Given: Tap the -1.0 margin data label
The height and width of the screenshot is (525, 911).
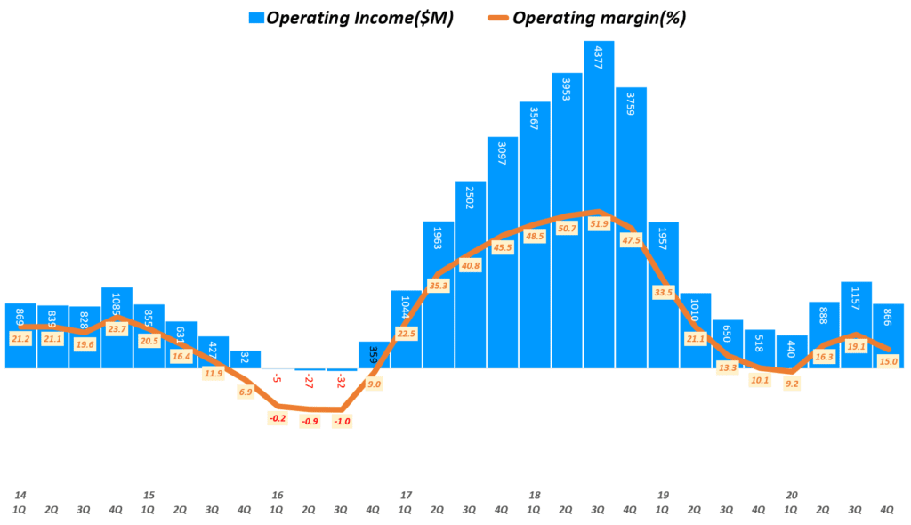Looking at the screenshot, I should click(342, 422).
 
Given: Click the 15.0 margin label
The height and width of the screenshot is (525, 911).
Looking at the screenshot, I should click(888, 360).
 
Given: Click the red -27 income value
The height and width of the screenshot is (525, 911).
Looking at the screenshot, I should click(310, 382).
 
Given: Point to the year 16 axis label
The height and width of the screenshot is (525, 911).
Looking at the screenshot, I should click(278, 495).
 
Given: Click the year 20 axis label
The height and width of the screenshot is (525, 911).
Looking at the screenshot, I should click(792, 495).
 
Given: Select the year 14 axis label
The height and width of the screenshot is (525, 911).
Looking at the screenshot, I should click(20, 495).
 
